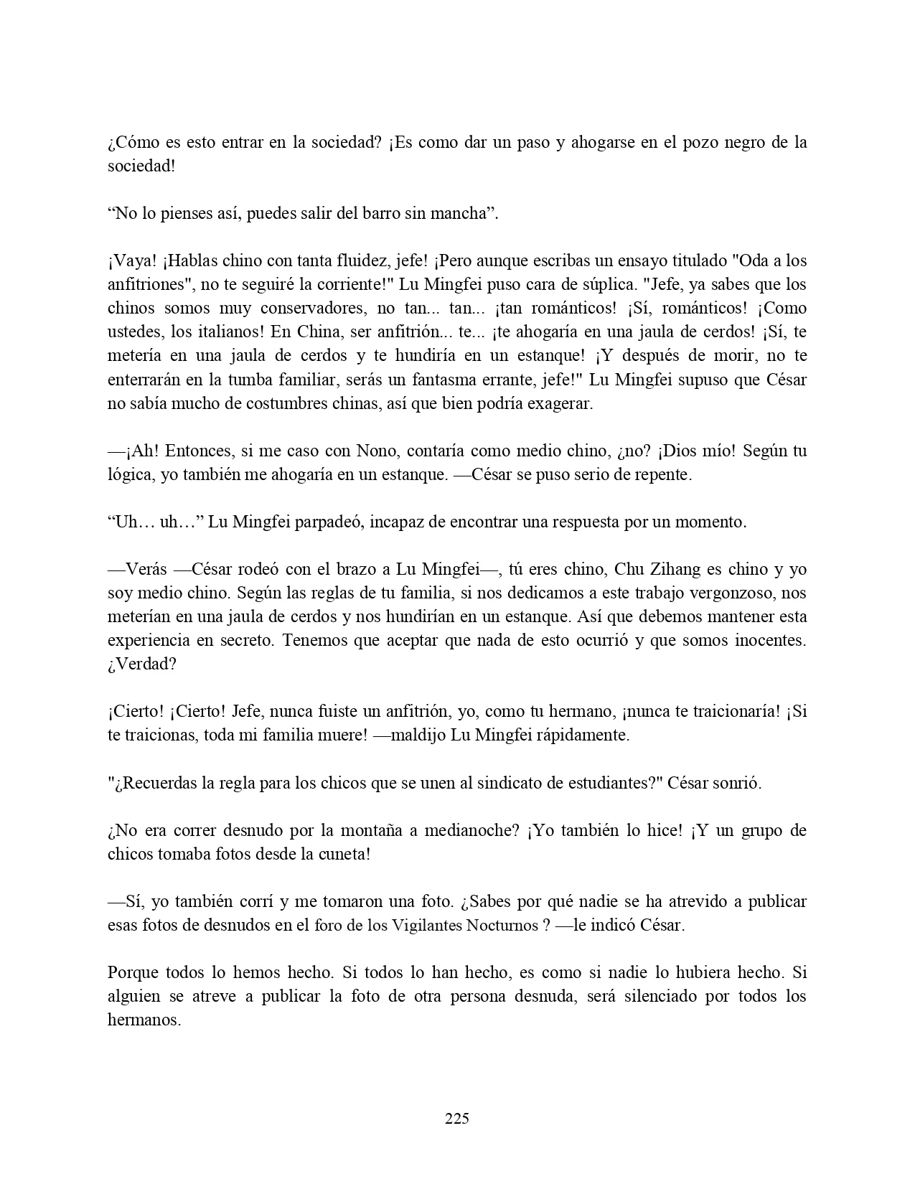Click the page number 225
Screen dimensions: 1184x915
coord(457,1118)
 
